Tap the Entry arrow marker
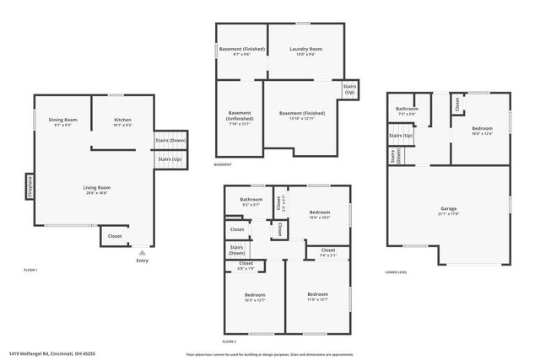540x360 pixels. [x=142, y=251]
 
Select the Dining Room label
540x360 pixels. [x=62, y=120]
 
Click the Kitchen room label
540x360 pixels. [x=122, y=120]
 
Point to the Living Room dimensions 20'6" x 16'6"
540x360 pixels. [x=98, y=193]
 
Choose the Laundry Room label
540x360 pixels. [x=305, y=49]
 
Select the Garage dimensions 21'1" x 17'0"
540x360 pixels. [x=449, y=213]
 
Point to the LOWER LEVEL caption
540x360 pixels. [x=396, y=272]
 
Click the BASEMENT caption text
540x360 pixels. [x=223, y=164]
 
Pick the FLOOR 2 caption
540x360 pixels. [x=229, y=341]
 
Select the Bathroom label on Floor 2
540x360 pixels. [x=251, y=200]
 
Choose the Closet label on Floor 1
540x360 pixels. [x=115, y=236]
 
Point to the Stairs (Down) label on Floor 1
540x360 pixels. [x=170, y=141]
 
